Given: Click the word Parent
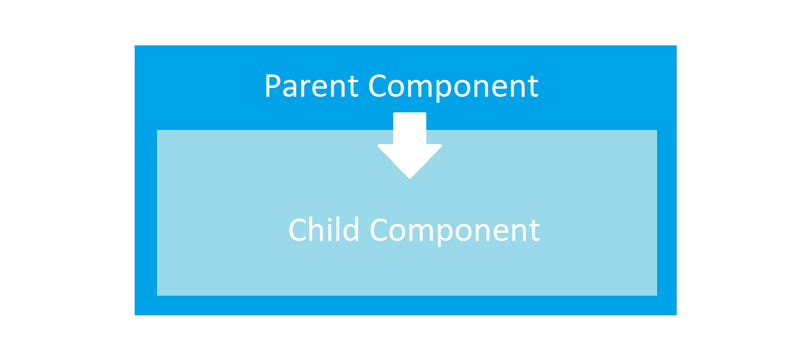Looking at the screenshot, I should tap(312, 87).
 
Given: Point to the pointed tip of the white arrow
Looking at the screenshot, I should tap(409, 177).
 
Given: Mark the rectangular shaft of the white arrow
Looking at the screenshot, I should tap(409, 129).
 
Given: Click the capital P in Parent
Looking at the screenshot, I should tap(272, 87).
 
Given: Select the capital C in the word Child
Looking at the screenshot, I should tap(298, 229).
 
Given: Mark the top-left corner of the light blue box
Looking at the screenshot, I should tap(158, 131).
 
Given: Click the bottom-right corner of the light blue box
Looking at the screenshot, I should tap(656, 295).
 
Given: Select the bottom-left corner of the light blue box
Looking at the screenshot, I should tap(158, 295).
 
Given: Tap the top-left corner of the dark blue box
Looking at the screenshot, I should tap(135, 46).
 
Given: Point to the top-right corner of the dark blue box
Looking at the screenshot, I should tap(676, 46).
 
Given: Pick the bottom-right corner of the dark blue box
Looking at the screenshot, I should tap(676, 315).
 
